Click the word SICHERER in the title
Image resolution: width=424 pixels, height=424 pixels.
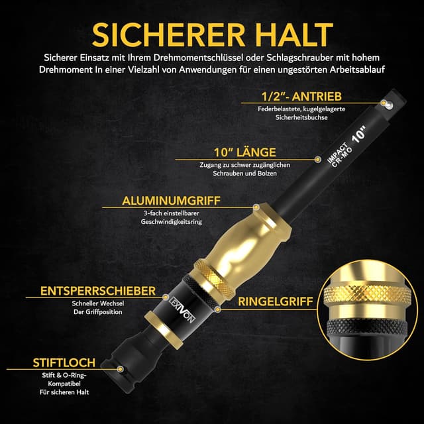pyautogui.click(x=168, y=33)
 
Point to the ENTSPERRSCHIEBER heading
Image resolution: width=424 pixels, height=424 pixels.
pyautogui.click(x=98, y=291)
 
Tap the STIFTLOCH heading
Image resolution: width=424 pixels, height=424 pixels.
pyautogui.click(x=64, y=362)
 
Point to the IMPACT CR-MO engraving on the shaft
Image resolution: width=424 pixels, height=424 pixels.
pyautogui.click(x=339, y=164)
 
